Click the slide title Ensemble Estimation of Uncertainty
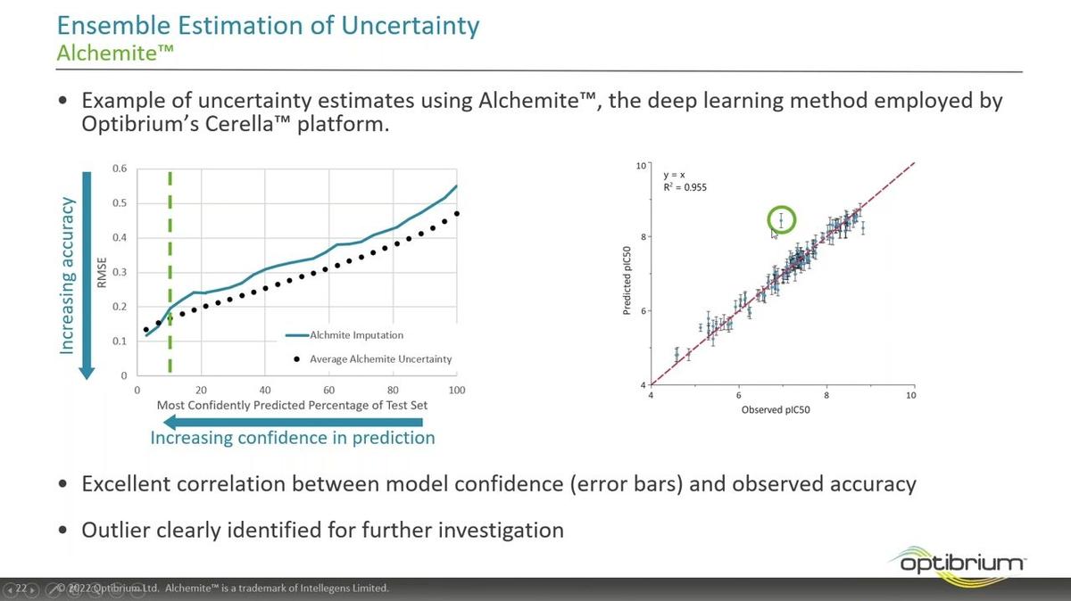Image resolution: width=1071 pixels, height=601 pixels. (x=268, y=24)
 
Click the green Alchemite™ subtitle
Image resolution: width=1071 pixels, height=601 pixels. (x=114, y=53)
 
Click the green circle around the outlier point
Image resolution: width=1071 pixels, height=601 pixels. (x=781, y=219)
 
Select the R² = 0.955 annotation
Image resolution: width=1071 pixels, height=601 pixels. (x=685, y=188)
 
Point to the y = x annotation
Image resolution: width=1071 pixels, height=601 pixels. (x=674, y=175)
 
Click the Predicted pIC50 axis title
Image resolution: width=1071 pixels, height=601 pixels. (x=628, y=276)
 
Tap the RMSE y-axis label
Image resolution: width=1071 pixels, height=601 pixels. (x=103, y=272)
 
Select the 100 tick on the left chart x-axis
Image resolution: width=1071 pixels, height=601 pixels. (x=457, y=390)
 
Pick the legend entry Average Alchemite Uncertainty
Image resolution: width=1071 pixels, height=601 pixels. (x=380, y=359)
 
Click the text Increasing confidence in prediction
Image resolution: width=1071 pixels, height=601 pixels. (x=292, y=438)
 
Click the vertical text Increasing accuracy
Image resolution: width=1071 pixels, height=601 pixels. (x=67, y=276)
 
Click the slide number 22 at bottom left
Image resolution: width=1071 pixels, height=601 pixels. (x=21, y=589)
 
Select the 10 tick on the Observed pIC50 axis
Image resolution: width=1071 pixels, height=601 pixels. (x=910, y=395)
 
